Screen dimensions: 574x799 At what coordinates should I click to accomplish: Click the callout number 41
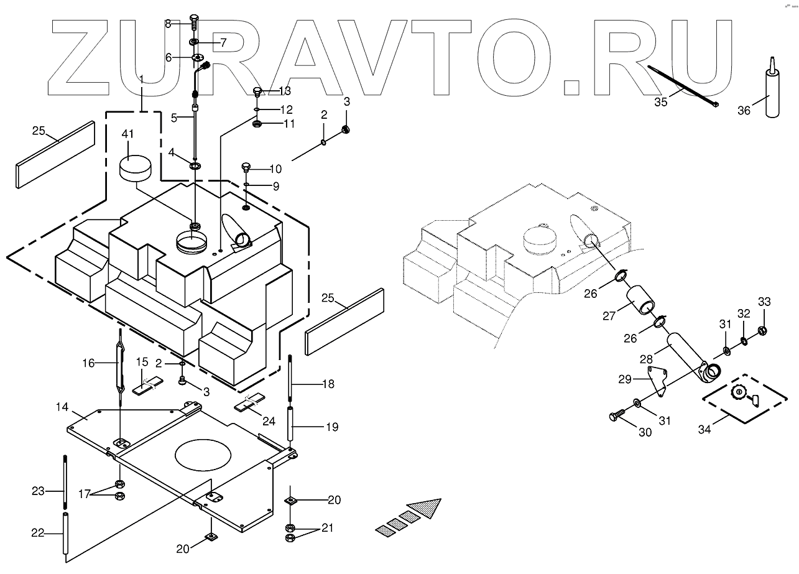pyautogui.click(x=127, y=134)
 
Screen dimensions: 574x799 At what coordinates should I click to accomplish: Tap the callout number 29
pyautogui.click(x=625, y=379)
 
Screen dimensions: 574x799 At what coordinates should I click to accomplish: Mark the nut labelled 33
pyautogui.click(x=764, y=330)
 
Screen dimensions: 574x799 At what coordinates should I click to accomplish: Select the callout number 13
pyautogui.click(x=284, y=91)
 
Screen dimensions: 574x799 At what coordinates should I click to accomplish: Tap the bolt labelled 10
pyautogui.click(x=246, y=168)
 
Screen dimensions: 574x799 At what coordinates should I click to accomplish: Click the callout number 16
pyautogui.click(x=90, y=363)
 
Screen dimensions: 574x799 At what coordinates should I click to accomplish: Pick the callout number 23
pyautogui.click(x=38, y=491)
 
